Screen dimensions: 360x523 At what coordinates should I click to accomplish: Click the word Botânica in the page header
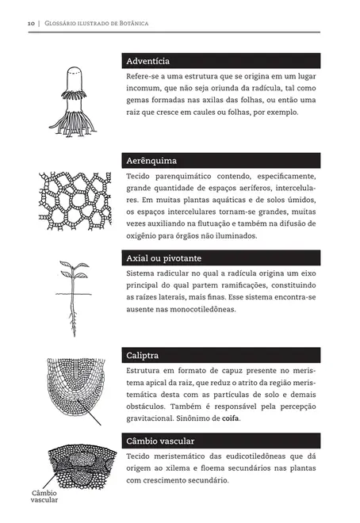[x=132, y=23]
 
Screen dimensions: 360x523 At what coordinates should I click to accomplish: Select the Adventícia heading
[x=147, y=61]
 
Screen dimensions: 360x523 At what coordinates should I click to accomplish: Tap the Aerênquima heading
[x=151, y=159]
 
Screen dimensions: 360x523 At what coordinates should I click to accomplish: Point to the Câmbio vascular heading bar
[x=223, y=441]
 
